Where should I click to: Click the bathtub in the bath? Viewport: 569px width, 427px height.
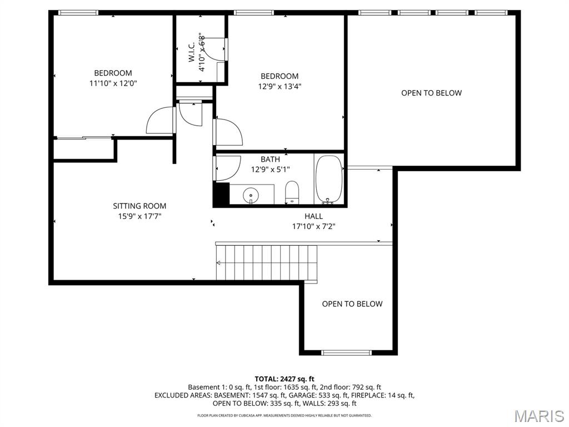click(x=329, y=180)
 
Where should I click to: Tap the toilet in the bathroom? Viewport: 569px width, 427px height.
click(x=292, y=193)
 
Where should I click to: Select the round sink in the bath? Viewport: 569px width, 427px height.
click(x=251, y=195)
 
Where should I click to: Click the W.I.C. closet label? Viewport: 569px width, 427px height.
click(x=192, y=53)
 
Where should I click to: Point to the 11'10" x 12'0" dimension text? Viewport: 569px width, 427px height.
click(x=113, y=83)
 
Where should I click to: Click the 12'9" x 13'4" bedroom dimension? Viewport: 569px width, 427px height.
click(x=280, y=86)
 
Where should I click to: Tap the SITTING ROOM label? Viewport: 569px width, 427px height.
click(x=139, y=206)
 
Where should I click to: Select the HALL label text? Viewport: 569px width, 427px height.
click(x=313, y=216)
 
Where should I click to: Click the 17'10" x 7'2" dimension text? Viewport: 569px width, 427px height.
click(x=313, y=226)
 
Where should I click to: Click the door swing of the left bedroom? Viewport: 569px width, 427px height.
click(x=159, y=121)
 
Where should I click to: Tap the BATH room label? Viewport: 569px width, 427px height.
click(x=270, y=160)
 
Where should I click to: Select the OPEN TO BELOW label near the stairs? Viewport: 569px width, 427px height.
click(x=352, y=304)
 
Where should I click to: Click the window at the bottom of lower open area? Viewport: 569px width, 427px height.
click(x=346, y=352)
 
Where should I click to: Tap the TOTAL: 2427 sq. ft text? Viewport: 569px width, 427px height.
click(x=284, y=379)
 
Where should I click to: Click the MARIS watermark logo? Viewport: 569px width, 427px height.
click(x=538, y=415)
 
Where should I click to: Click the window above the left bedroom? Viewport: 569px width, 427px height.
click(x=78, y=13)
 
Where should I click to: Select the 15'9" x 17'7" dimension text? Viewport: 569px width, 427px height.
click(x=139, y=216)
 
